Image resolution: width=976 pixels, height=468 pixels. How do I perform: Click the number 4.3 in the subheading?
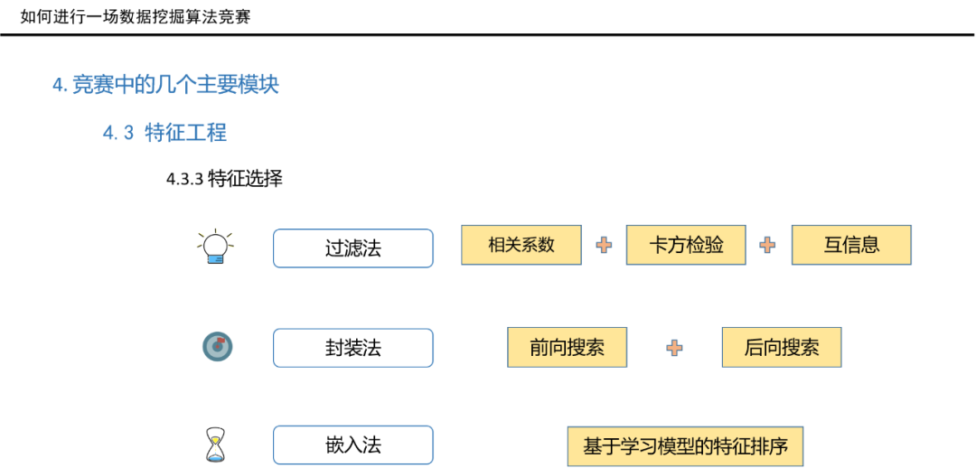[x=117, y=133]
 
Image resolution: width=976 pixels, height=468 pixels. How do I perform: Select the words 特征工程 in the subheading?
[x=185, y=133]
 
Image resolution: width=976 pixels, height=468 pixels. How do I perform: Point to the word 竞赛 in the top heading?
[x=87, y=85]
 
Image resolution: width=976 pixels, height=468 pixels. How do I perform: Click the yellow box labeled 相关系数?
[x=521, y=245]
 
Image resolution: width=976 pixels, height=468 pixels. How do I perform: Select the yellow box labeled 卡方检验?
[x=686, y=245]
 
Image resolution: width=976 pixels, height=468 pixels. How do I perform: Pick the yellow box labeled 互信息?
[x=851, y=245]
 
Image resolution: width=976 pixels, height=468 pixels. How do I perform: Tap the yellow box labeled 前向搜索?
[x=567, y=347]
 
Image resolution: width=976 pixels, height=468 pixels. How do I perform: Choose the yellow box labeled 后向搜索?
[x=781, y=347]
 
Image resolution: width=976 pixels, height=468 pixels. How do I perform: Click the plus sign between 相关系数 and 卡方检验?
[x=604, y=245]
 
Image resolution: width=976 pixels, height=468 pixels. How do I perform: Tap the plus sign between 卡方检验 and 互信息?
[x=767, y=245]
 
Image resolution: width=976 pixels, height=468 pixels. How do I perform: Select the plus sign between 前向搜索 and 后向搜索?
[x=674, y=348]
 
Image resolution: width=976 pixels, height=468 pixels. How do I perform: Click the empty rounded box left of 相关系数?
[x=353, y=248]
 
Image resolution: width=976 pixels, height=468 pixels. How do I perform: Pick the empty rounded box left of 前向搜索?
[x=353, y=348]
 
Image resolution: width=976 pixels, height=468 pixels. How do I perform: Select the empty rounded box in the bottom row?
[x=353, y=445]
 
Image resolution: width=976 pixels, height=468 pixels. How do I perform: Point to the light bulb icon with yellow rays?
[x=216, y=248]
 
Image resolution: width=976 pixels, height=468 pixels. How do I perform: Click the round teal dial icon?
[x=217, y=346]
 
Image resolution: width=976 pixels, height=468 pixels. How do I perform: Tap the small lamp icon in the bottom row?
[x=215, y=449]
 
